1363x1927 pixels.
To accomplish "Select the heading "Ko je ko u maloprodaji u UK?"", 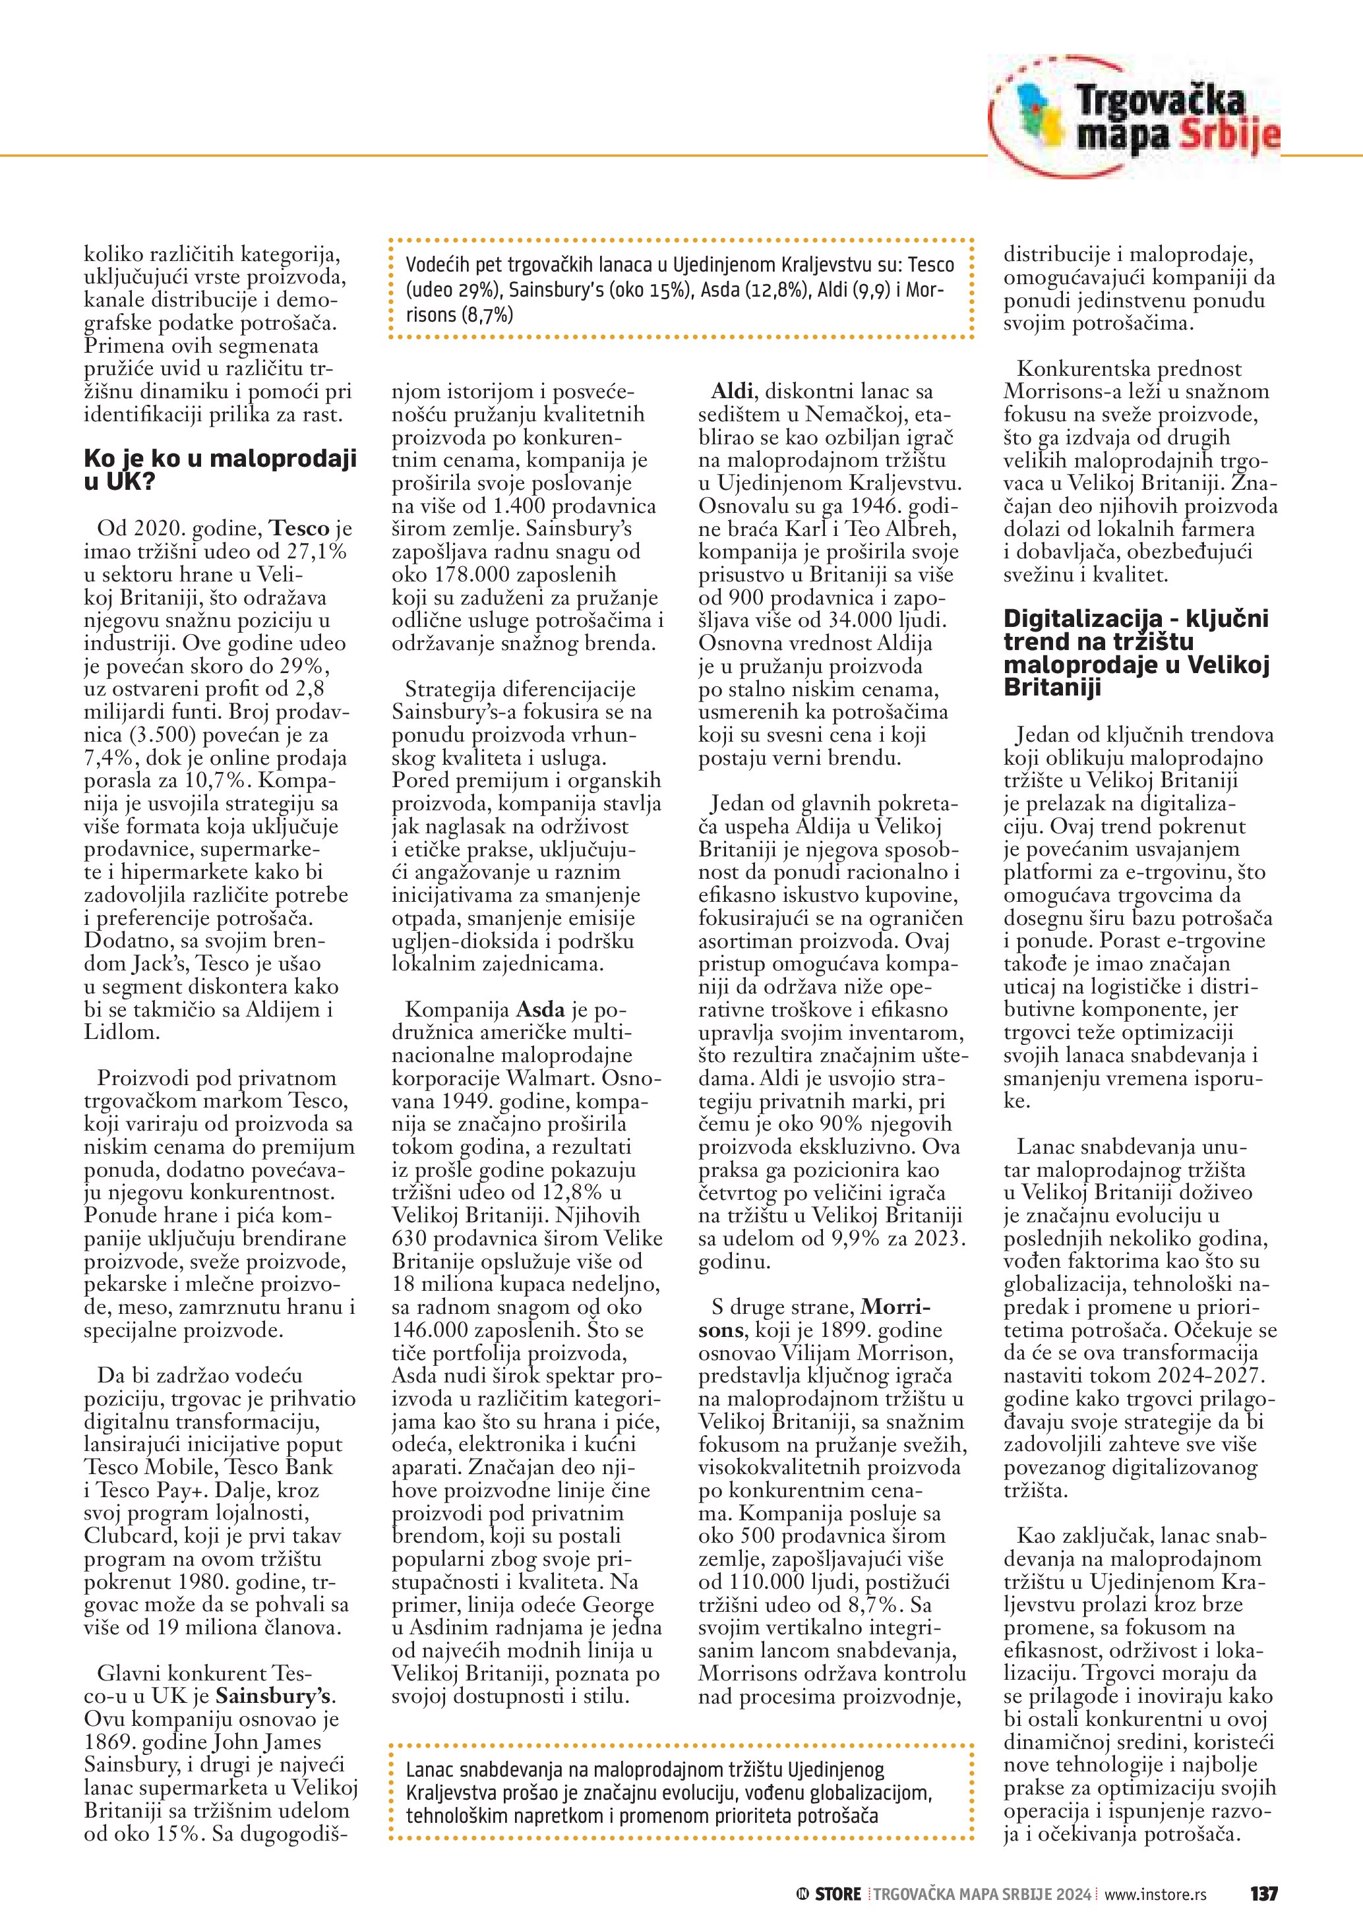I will click(220, 469).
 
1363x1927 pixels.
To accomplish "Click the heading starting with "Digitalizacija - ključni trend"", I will click(1136, 653).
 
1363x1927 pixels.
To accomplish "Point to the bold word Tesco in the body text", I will click(299, 529).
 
